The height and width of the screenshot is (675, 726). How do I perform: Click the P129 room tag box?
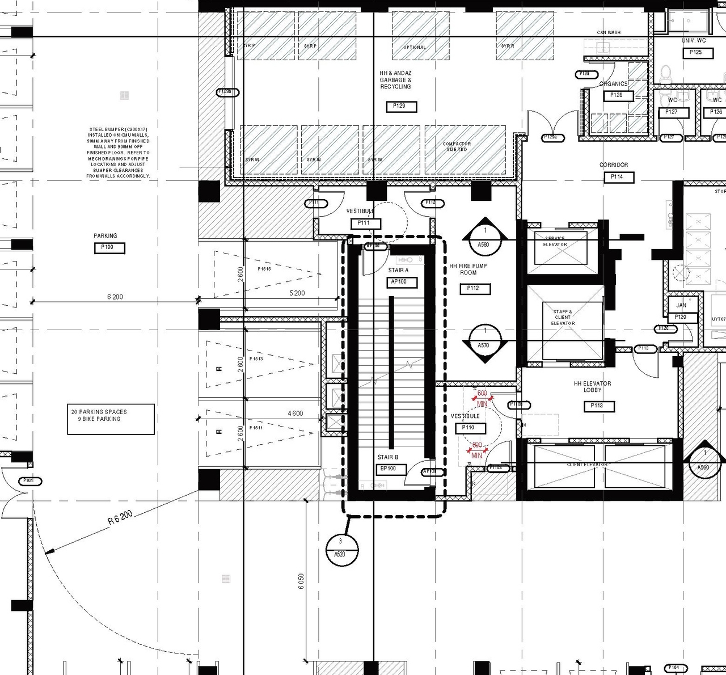[x=401, y=106]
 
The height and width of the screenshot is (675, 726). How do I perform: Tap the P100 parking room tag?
[x=108, y=247]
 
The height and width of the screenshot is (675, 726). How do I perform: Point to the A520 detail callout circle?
[x=342, y=549]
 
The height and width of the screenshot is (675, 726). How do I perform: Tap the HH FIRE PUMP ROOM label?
[x=468, y=269]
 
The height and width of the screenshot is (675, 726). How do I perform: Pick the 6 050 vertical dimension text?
[x=301, y=581]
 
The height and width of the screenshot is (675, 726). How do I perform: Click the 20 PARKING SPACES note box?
[x=111, y=419]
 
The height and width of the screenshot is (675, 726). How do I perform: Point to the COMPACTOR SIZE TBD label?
[x=457, y=146]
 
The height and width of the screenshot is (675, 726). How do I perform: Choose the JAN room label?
[x=681, y=305]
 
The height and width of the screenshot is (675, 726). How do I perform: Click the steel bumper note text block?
[x=119, y=153]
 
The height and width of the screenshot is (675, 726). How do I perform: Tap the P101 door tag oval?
[x=28, y=480]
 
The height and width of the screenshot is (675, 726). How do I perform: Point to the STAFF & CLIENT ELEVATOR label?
[x=563, y=318]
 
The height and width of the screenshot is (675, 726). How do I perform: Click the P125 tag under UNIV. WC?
[x=695, y=52]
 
